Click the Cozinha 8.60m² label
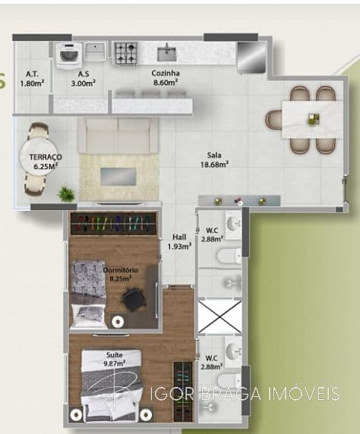pyautogui.click(x=165, y=77)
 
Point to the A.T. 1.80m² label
pyautogui.click(x=32, y=78)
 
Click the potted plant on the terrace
pyautogui.click(x=67, y=194)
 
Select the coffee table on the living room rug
pyautogui.click(x=118, y=176)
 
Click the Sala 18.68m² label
pyautogui.click(x=214, y=158)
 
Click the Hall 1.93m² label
pyautogui.click(x=179, y=241)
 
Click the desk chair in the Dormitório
pyautogui.click(x=134, y=300)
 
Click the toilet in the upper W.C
pyautogui.click(x=229, y=256)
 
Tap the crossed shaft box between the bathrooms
pyautogui.click(x=219, y=316)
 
